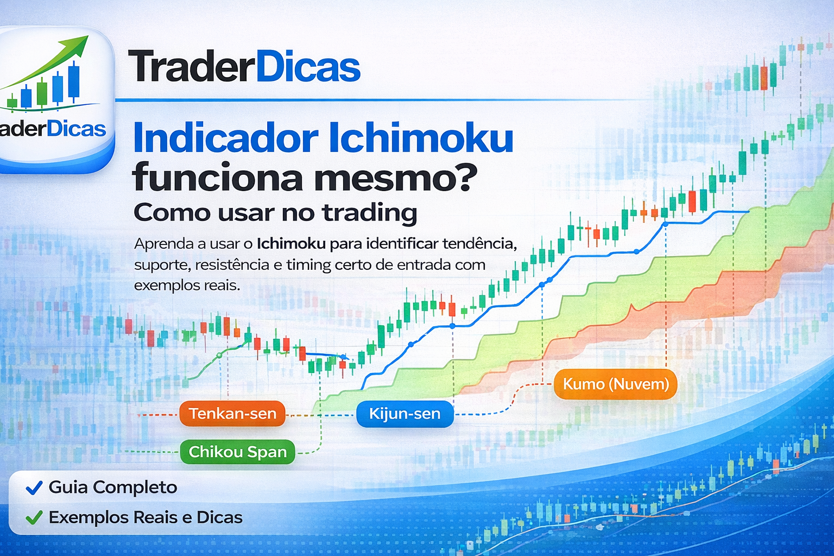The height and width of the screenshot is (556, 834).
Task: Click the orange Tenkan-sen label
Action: coord(232,414)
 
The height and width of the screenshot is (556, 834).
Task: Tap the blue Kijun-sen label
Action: coord(405,414)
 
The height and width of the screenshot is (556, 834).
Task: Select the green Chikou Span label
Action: coord(237,452)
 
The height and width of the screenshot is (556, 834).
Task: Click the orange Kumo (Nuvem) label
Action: coord(615,384)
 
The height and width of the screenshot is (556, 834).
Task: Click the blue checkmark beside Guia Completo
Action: coord(34,488)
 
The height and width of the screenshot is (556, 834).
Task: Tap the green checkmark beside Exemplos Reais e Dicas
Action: coord(34,518)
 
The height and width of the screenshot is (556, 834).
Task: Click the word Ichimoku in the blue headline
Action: coord(421,138)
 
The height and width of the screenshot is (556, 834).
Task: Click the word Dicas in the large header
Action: coord(307,67)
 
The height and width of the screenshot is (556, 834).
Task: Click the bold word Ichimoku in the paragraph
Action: coord(291,244)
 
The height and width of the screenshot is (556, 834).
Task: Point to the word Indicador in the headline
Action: coord(225,138)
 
